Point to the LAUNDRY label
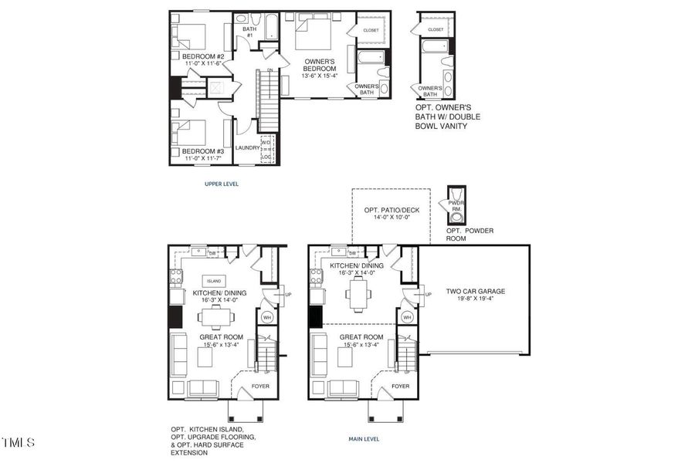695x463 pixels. click(x=247, y=147)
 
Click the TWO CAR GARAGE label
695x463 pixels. click(x=475, y=292)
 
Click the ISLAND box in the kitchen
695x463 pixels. click(x=213, y=281)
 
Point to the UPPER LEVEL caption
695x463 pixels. click(x=222, y=184)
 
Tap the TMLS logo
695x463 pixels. click(x=18, y=443)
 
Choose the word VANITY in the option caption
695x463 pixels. click(x=453, y=126)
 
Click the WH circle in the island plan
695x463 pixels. click(x=267, y=316)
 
